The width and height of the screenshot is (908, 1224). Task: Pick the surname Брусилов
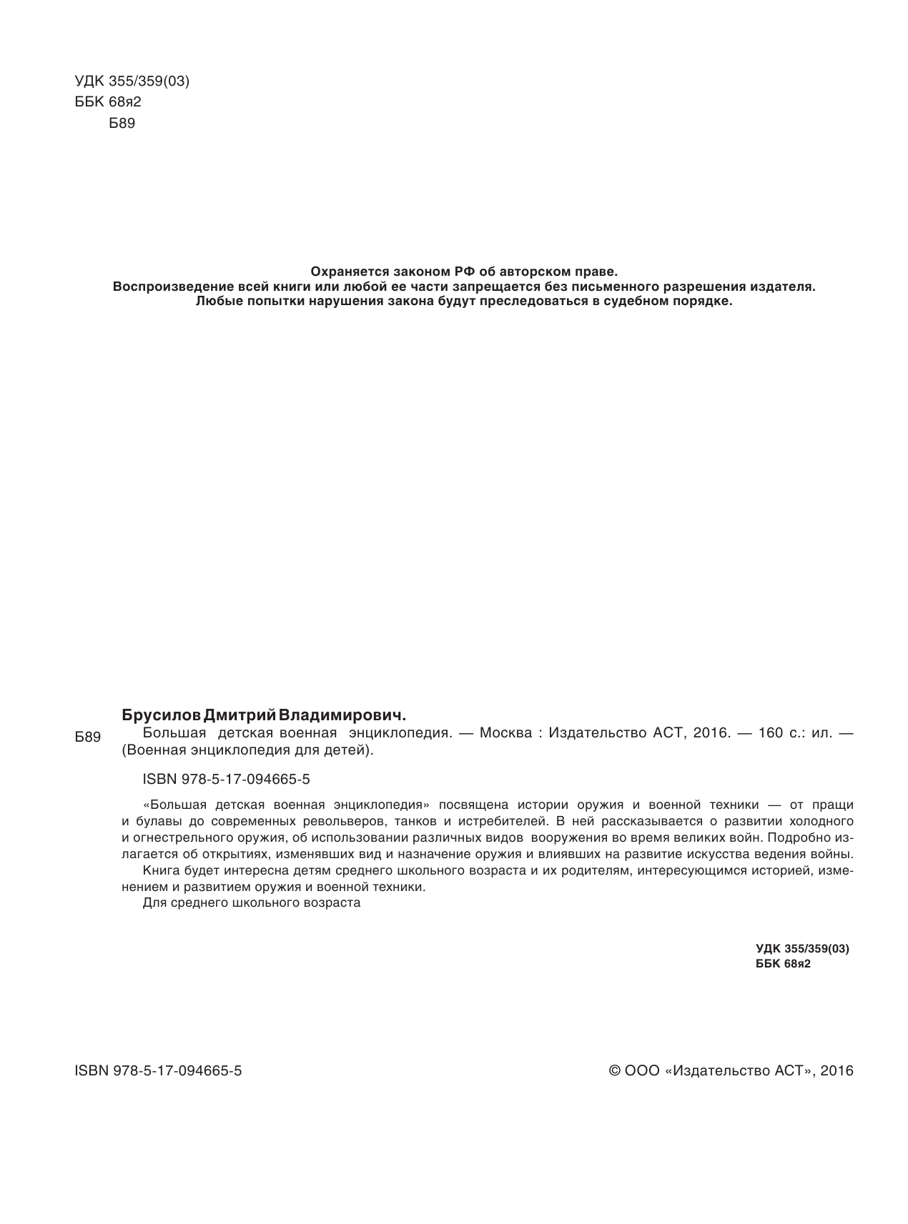click(x=162, y=715)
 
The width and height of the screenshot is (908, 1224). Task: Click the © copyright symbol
click(x=613, y=1071)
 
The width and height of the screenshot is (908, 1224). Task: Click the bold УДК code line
click(x=801, y=949)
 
